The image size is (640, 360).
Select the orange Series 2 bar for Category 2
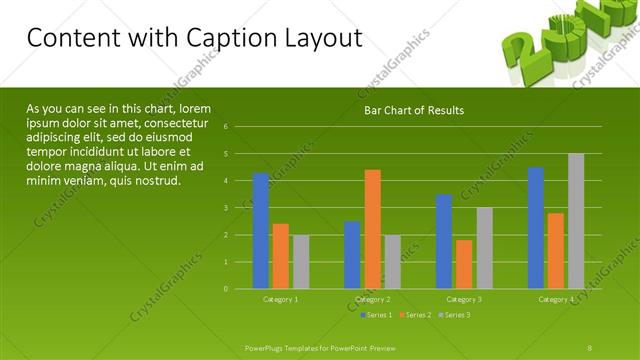[x=372, y=229]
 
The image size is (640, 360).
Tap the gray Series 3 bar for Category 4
[x=576, y=221]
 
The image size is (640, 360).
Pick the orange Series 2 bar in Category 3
[x=464, y=264]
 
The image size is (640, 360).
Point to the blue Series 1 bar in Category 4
[x=536, y=228]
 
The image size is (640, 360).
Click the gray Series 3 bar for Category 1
[x=301, y=262]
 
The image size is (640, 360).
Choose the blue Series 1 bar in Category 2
[x=352, y=255]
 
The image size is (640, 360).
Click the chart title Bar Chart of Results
[x=413, y=110]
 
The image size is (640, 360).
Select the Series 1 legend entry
[x=377, y=315]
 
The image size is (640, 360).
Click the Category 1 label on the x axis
[x=280, y=299]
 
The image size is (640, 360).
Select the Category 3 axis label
[x=464, y=299]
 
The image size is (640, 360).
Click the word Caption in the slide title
[x=233, y=38]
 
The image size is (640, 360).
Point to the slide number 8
[x=590, y=347]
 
